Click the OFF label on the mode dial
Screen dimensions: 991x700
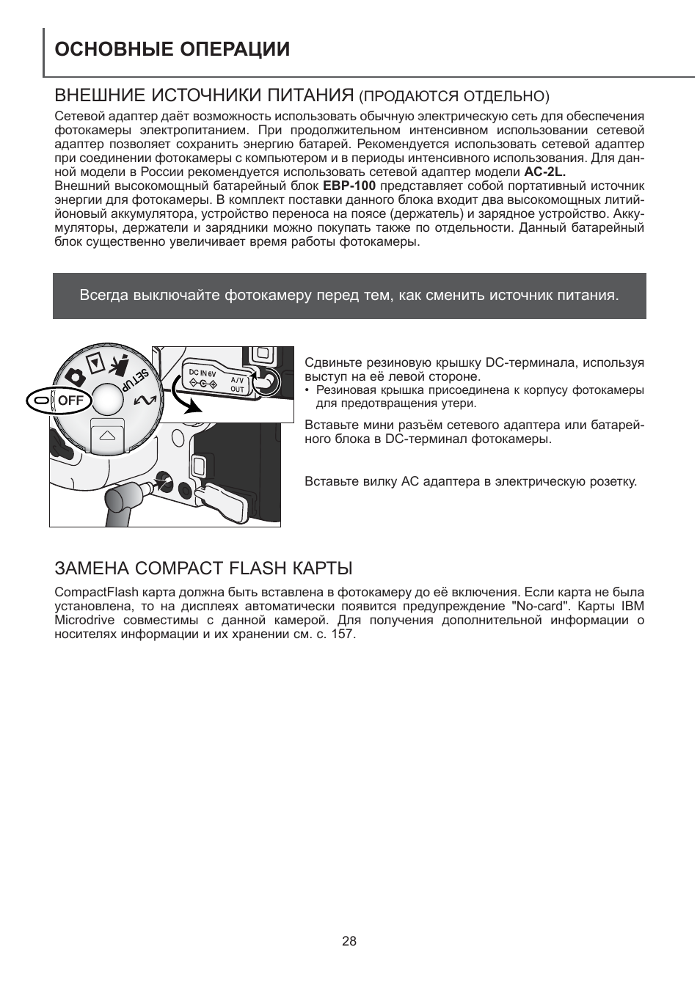point(70,401)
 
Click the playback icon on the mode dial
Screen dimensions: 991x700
point(94,362)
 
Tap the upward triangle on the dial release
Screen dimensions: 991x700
point(107,435)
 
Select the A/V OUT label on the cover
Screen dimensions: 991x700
point(237,384)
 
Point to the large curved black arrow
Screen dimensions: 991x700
point(180,392)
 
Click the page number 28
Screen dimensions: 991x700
point(349,941)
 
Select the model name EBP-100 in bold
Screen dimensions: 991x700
point(349,186)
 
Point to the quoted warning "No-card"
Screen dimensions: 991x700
point(540,607)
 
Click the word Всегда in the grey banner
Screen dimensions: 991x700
point(103,296)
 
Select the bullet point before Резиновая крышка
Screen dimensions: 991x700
point(308,390)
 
